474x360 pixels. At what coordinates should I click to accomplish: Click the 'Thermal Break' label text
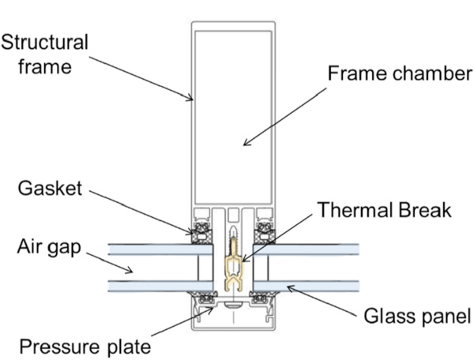(x=384, y=210)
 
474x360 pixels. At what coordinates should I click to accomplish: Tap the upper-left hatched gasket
(x=197, y=229)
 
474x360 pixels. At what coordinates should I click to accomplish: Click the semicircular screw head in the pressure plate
(x=233, y=303)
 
